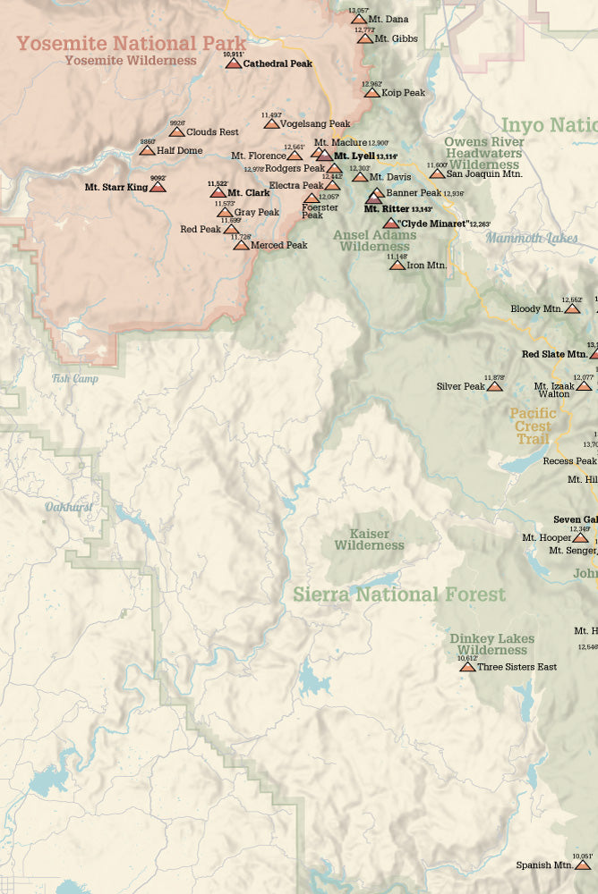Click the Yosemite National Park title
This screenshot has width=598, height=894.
point(131,43)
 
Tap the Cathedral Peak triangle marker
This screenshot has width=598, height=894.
point(233,63)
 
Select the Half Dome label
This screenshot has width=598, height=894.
point(179,150)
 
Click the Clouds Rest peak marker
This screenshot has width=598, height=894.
point(176,131)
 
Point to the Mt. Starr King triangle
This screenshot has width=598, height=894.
point(158,188)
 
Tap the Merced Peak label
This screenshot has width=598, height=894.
point(278,245)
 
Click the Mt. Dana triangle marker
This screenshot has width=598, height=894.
point(358,19)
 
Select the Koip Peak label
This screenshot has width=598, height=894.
point(403,92)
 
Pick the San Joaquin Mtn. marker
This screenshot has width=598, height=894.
point(437,173)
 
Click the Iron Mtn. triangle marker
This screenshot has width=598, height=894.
point(397,265)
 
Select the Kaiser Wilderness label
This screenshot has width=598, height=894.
point(369,539)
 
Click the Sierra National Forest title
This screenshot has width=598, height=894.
point(399,595)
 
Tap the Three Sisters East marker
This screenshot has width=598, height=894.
point(466,667)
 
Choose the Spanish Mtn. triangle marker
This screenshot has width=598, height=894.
point(583,864)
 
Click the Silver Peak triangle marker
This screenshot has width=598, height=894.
point(494,386)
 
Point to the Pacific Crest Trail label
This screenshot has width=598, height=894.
point(534,426)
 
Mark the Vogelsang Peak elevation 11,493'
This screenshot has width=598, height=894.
point(272,114)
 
